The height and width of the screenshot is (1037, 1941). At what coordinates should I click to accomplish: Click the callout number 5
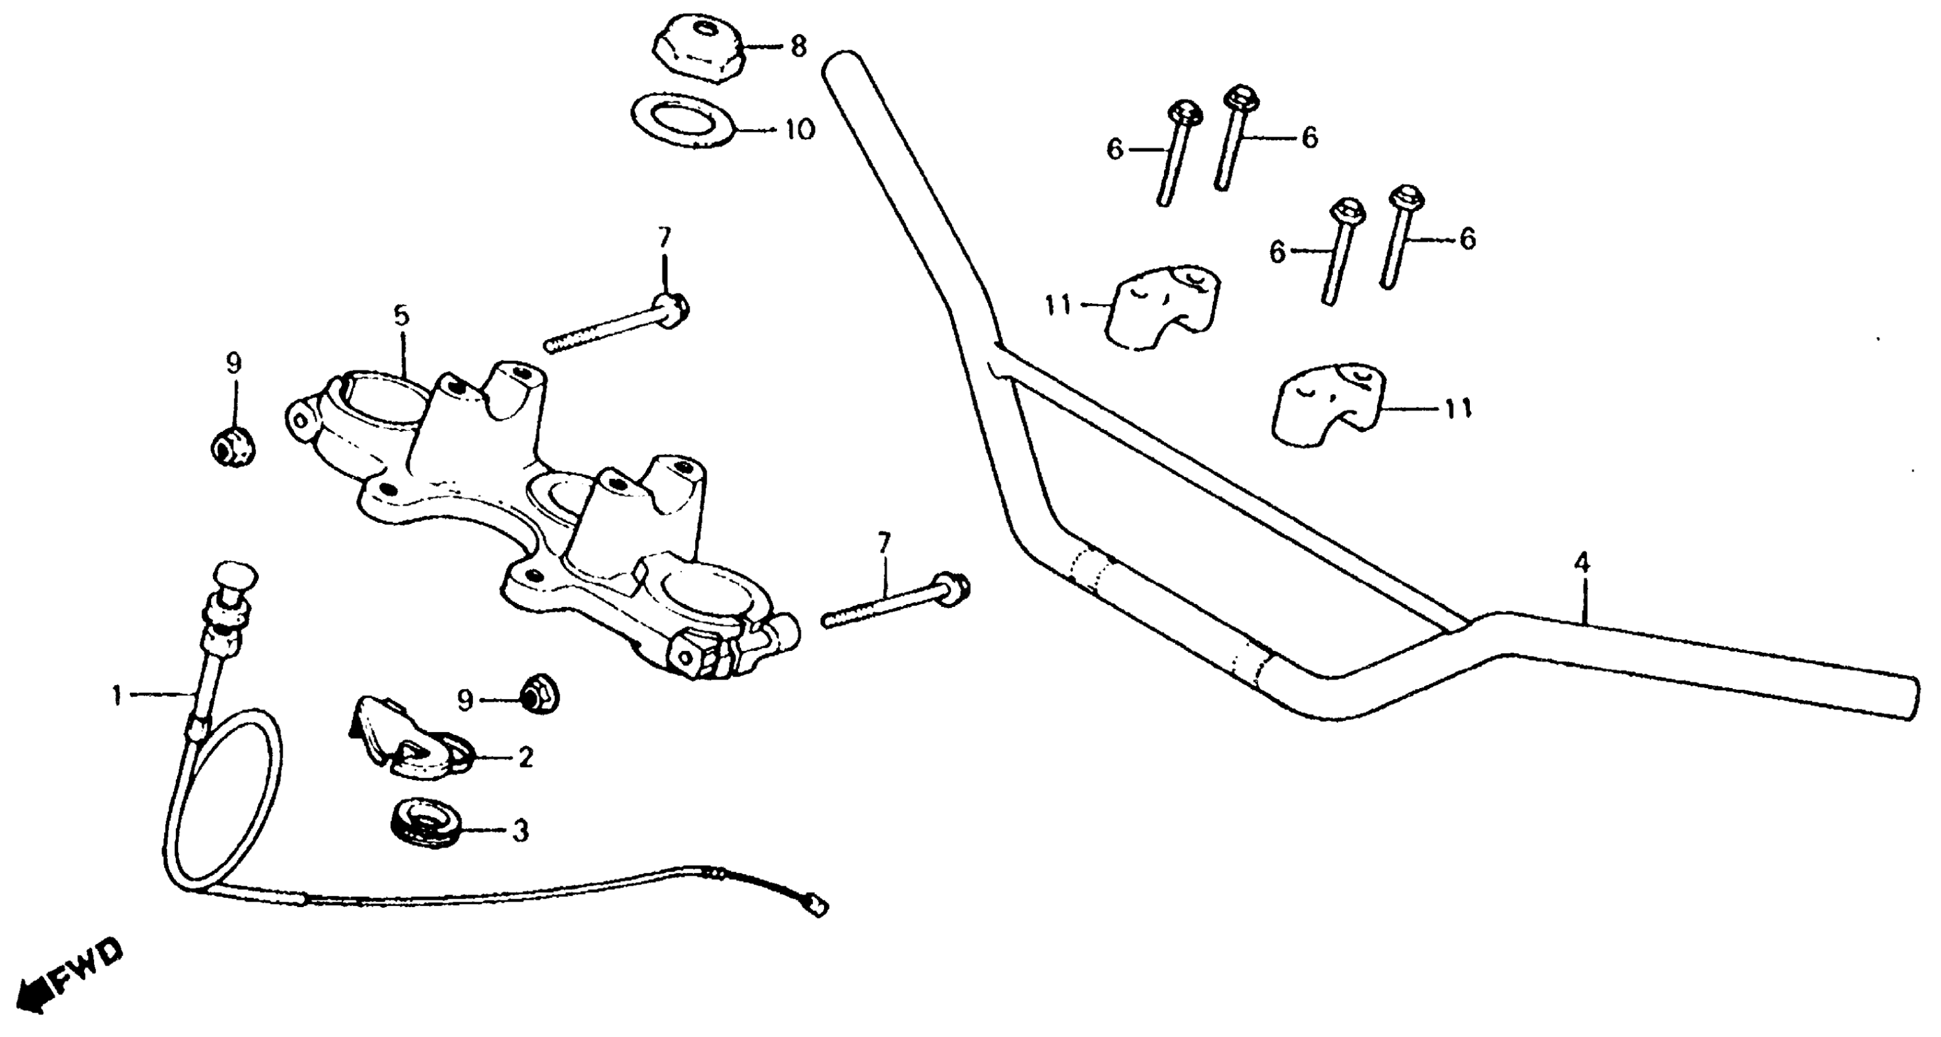click(x=401, y=317)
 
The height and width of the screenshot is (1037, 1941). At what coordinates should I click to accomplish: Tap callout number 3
click(x=520, y=831)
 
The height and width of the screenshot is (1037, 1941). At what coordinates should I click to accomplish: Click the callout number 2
click(x=525, y=757)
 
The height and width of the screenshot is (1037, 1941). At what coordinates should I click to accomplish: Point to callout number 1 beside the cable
click(x=117, y=695)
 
